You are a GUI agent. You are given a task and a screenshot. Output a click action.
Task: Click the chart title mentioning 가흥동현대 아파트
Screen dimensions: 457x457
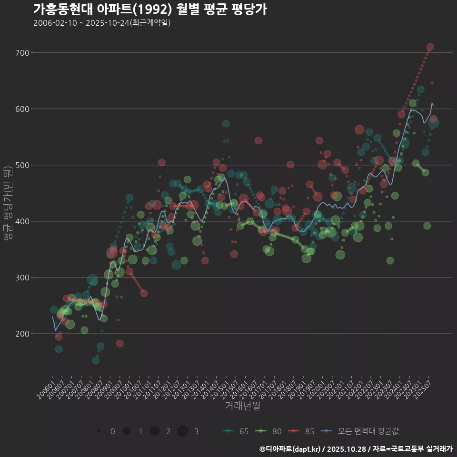[x=150, y=10]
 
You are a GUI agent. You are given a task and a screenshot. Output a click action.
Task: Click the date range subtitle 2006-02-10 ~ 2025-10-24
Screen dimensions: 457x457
[x=102, y=23]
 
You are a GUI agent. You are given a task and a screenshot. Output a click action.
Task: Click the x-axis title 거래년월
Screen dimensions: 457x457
[x=242, y=406]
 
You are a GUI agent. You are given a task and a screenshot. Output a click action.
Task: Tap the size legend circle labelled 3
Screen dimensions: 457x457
[x=183, y=431]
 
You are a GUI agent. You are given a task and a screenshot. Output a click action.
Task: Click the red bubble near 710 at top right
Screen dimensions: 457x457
[x=430, y=47]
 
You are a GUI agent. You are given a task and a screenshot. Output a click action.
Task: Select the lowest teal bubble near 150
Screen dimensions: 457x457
[x=96, y=360]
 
